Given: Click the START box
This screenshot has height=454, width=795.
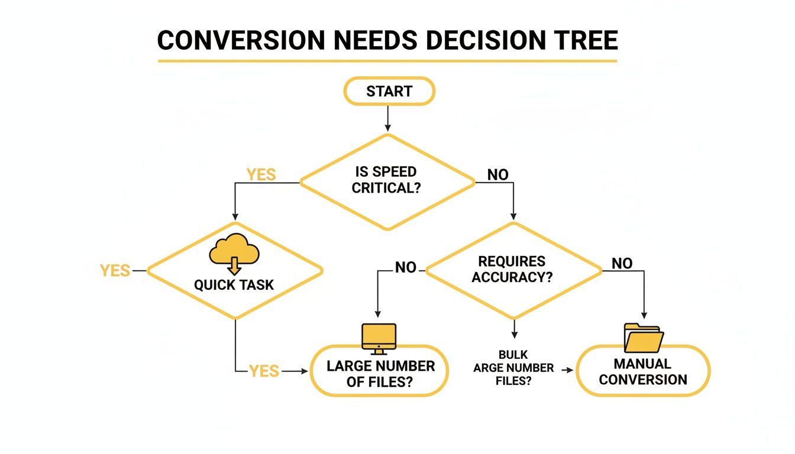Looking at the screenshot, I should coord(389,92).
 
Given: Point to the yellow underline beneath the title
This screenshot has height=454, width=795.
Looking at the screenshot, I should coord(387,60).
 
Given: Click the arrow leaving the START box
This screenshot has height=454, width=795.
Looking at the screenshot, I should coord(388,118).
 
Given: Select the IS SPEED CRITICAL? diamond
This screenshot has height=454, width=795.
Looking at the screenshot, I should coord(387,181).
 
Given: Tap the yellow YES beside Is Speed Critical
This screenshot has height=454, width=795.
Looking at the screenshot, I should coord(261,174).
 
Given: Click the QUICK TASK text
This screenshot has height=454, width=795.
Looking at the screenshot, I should coord(234,285).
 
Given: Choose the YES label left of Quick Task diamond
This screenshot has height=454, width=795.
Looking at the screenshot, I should coord(115,271).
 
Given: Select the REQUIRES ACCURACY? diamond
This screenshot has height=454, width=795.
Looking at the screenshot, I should coord(513,270).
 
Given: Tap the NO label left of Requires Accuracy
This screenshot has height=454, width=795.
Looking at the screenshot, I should coord(406,268).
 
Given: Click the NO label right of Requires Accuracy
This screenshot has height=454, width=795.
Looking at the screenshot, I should coord(622,264).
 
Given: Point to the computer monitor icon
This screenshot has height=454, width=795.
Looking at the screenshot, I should coord(379,339).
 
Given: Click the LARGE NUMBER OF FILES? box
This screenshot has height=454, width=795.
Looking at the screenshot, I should coord(380,374).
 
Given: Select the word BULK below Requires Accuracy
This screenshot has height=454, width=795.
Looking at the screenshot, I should coord(513,355).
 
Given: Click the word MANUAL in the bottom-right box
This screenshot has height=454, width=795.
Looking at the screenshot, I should coord(642,364).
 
